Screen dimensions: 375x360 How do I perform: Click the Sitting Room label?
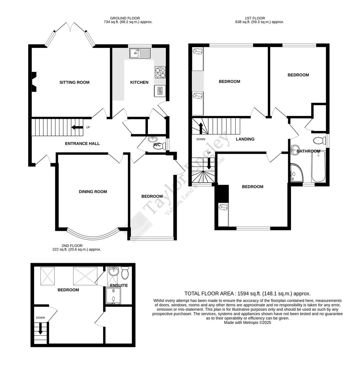pos(74,82)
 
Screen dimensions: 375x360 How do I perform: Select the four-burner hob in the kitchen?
pos(160,72)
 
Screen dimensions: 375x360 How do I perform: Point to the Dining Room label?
pos(93,192)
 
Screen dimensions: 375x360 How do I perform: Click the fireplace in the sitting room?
pos(34,82)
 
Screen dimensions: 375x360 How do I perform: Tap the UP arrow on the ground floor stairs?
pos(77,127)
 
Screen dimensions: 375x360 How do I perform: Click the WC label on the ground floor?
pos(157,144)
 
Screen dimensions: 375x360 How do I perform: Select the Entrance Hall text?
pos(82,143)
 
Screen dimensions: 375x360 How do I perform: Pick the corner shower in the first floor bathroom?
pos(296,173)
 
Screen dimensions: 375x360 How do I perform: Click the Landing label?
pos(245,139)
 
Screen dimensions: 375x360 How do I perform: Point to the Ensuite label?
pos(119,285)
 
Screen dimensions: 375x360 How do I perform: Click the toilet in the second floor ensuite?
pos(125,273)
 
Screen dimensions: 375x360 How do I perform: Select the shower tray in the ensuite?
pos(114,296)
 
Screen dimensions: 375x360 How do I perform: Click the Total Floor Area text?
pos(247,293)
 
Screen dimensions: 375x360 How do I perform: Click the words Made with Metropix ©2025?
pos(247,322)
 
